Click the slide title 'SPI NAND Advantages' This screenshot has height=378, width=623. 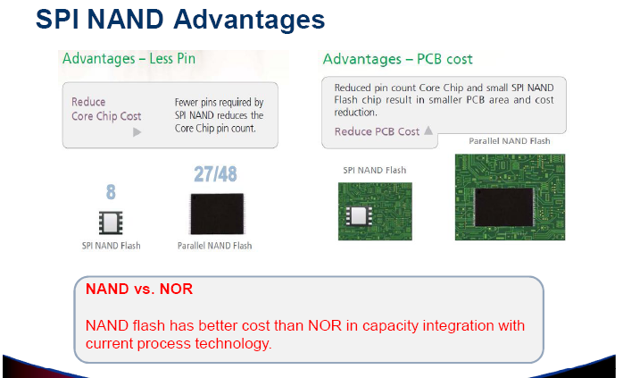pos(180,19)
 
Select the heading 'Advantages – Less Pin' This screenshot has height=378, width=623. pos(129,59)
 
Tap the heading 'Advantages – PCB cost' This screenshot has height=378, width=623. pos(398,59)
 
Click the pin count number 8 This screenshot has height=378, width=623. pos(111,192)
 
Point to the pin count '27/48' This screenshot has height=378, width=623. pos(215,174)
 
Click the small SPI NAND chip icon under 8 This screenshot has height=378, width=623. pos(111,223)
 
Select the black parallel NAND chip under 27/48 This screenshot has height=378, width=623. pos(217,214)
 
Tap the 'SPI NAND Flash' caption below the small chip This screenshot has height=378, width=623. pos(112,246)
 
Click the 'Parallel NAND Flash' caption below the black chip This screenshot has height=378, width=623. pos(214,246)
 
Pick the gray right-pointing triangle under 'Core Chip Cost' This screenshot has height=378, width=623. pos(137,131)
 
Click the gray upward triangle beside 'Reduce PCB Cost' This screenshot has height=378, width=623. pos(428,130)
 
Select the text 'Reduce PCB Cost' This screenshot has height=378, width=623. pos(377,131)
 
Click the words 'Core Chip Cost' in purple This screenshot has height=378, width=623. pos(106,116)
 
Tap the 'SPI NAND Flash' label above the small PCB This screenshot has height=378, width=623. pos(375,171)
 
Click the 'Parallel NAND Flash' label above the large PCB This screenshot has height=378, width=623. pos(510,141)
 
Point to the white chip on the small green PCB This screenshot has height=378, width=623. pos(359,215)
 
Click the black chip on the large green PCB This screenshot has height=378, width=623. pos(503,207)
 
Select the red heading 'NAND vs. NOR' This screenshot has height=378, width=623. pos(139,289)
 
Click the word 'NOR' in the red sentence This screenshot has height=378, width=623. pos(325,325)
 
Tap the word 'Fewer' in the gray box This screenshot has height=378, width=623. pos(187,102)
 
